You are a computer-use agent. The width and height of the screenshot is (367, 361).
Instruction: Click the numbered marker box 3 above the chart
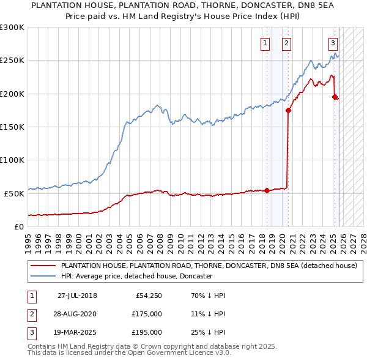click(333, 43)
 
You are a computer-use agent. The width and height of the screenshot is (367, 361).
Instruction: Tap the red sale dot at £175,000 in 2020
click(288, 111)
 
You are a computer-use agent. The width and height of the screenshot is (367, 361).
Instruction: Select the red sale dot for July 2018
click(267, 190)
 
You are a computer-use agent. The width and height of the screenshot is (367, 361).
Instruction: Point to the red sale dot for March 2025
click(335, 97)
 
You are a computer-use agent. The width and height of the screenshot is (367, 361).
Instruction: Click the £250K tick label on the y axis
click(12, 61)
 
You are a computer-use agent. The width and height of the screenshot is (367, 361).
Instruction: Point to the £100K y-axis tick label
click(12, 160)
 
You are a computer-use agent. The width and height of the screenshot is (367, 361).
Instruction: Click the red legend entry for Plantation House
click(209, 266)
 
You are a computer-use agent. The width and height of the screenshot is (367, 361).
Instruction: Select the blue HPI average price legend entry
click(136, 277)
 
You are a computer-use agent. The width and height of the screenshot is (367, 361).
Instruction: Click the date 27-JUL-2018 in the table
click(77, 296)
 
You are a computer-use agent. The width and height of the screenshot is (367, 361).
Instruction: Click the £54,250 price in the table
click(147, 296)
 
